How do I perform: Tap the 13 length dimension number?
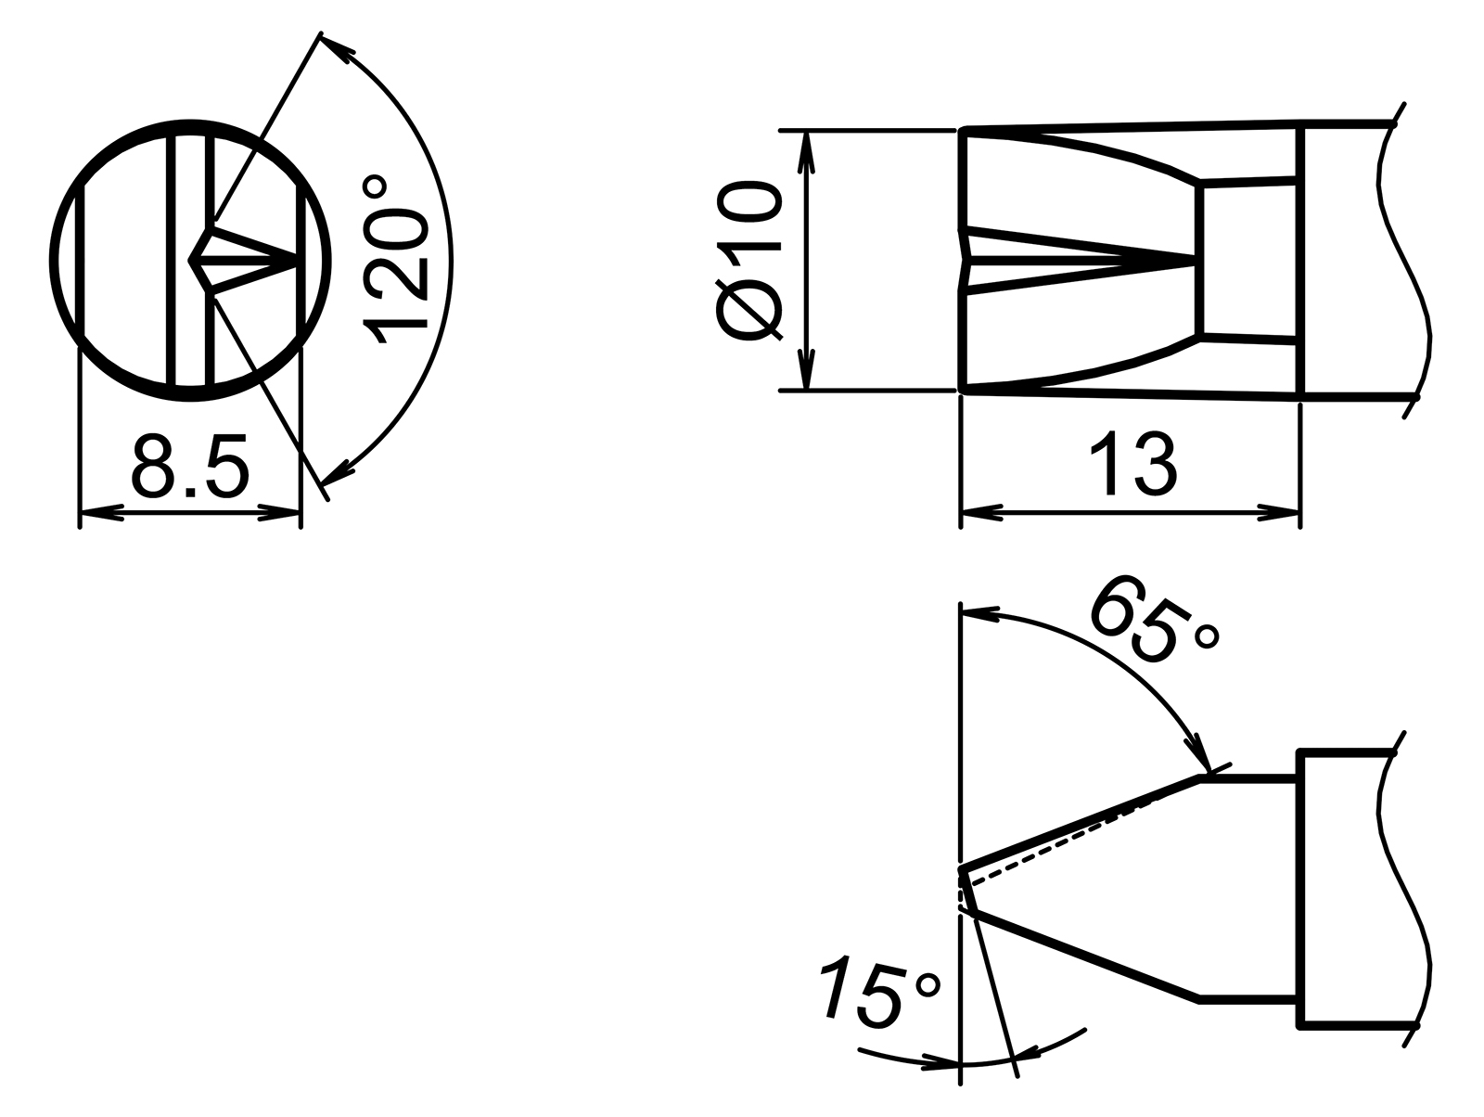[x=1132, y=463]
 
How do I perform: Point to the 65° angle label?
[x=1153, y=623]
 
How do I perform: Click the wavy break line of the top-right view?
[x=1405, y=260]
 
